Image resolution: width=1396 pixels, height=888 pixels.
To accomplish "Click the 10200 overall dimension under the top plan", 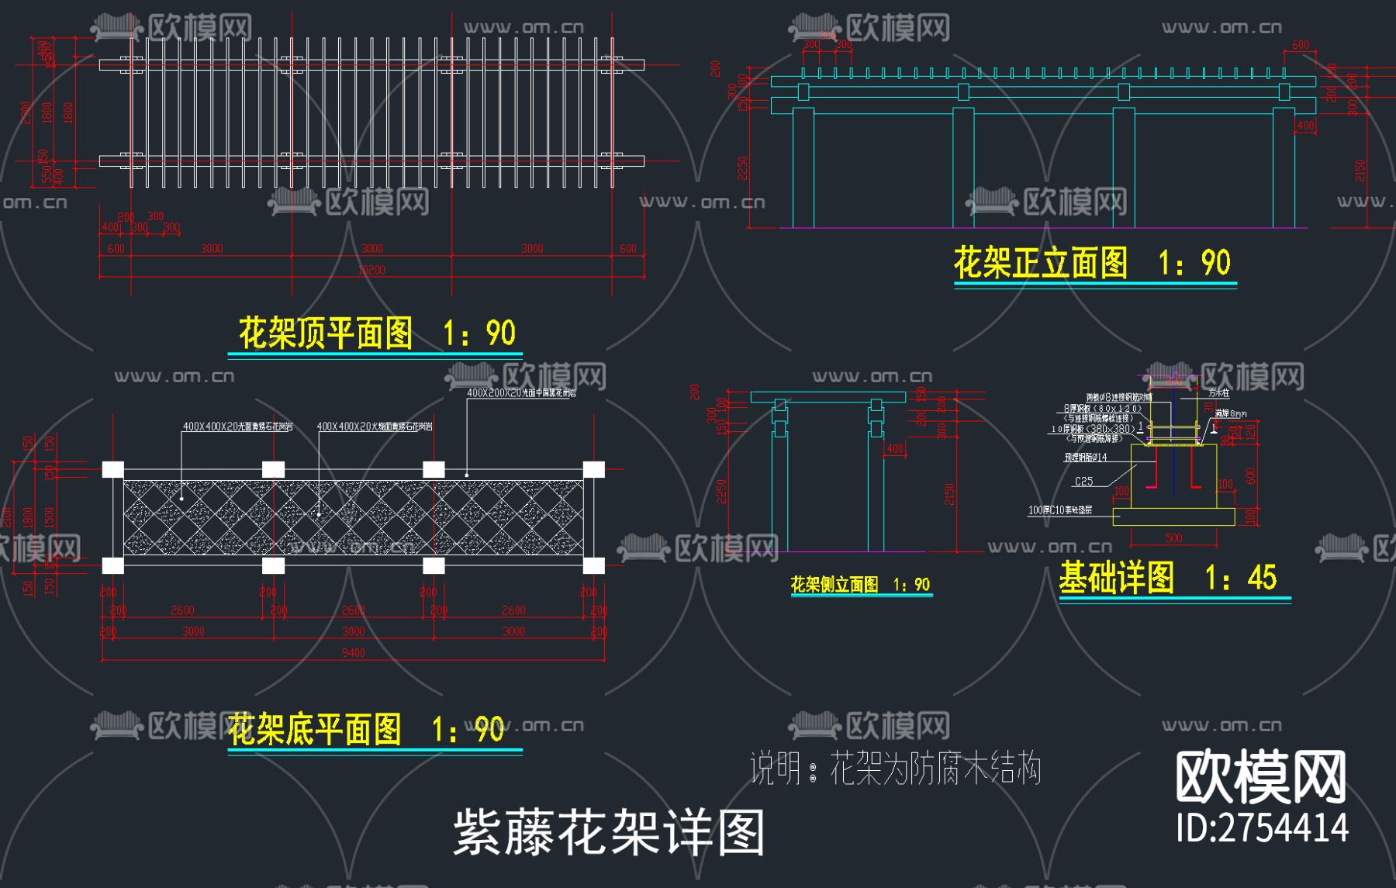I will [x=371, y=270].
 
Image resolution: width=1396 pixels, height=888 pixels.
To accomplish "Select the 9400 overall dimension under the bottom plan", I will [x=353, y=653].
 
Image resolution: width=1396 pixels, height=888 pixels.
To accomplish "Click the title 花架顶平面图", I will [x=326, y=333].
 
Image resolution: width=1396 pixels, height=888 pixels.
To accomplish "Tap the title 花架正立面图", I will [x=1040, y=263].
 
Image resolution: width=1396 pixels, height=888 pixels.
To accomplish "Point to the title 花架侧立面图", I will [x=834, y=585].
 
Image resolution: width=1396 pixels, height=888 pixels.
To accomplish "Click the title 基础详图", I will [x=1116, y=578].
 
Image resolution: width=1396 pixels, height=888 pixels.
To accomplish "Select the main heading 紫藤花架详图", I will [x=609, y=833].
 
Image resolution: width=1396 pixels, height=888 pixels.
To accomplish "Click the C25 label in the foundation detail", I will [x=1083, y=482].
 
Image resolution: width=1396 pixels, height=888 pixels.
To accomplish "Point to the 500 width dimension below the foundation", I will [x=1173, y=538].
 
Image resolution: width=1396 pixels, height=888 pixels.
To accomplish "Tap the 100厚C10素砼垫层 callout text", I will [x=1059, y=510].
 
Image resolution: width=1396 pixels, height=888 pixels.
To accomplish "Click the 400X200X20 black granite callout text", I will [x=521, y=393].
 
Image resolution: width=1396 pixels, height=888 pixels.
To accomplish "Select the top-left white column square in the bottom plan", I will [x=113, y=469].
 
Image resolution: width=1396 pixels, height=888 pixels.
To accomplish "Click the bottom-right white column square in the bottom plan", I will [x=594, y=565].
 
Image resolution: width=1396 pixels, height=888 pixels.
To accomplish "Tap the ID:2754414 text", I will [x=1262, y=828].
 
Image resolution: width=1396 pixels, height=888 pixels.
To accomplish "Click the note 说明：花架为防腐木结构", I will [x=895, y=769].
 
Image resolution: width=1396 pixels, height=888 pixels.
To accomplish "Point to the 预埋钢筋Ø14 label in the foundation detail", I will [x=1085, y=458].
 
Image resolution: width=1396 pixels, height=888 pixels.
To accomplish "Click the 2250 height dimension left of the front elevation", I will [x=742, y=168].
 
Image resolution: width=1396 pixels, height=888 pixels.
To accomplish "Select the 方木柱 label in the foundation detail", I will [x=1218, y=394].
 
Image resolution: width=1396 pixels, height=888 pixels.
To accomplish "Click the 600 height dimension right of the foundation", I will [x=1250, y=475].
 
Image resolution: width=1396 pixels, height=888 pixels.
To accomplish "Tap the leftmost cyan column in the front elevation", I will [x=803, y=168].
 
